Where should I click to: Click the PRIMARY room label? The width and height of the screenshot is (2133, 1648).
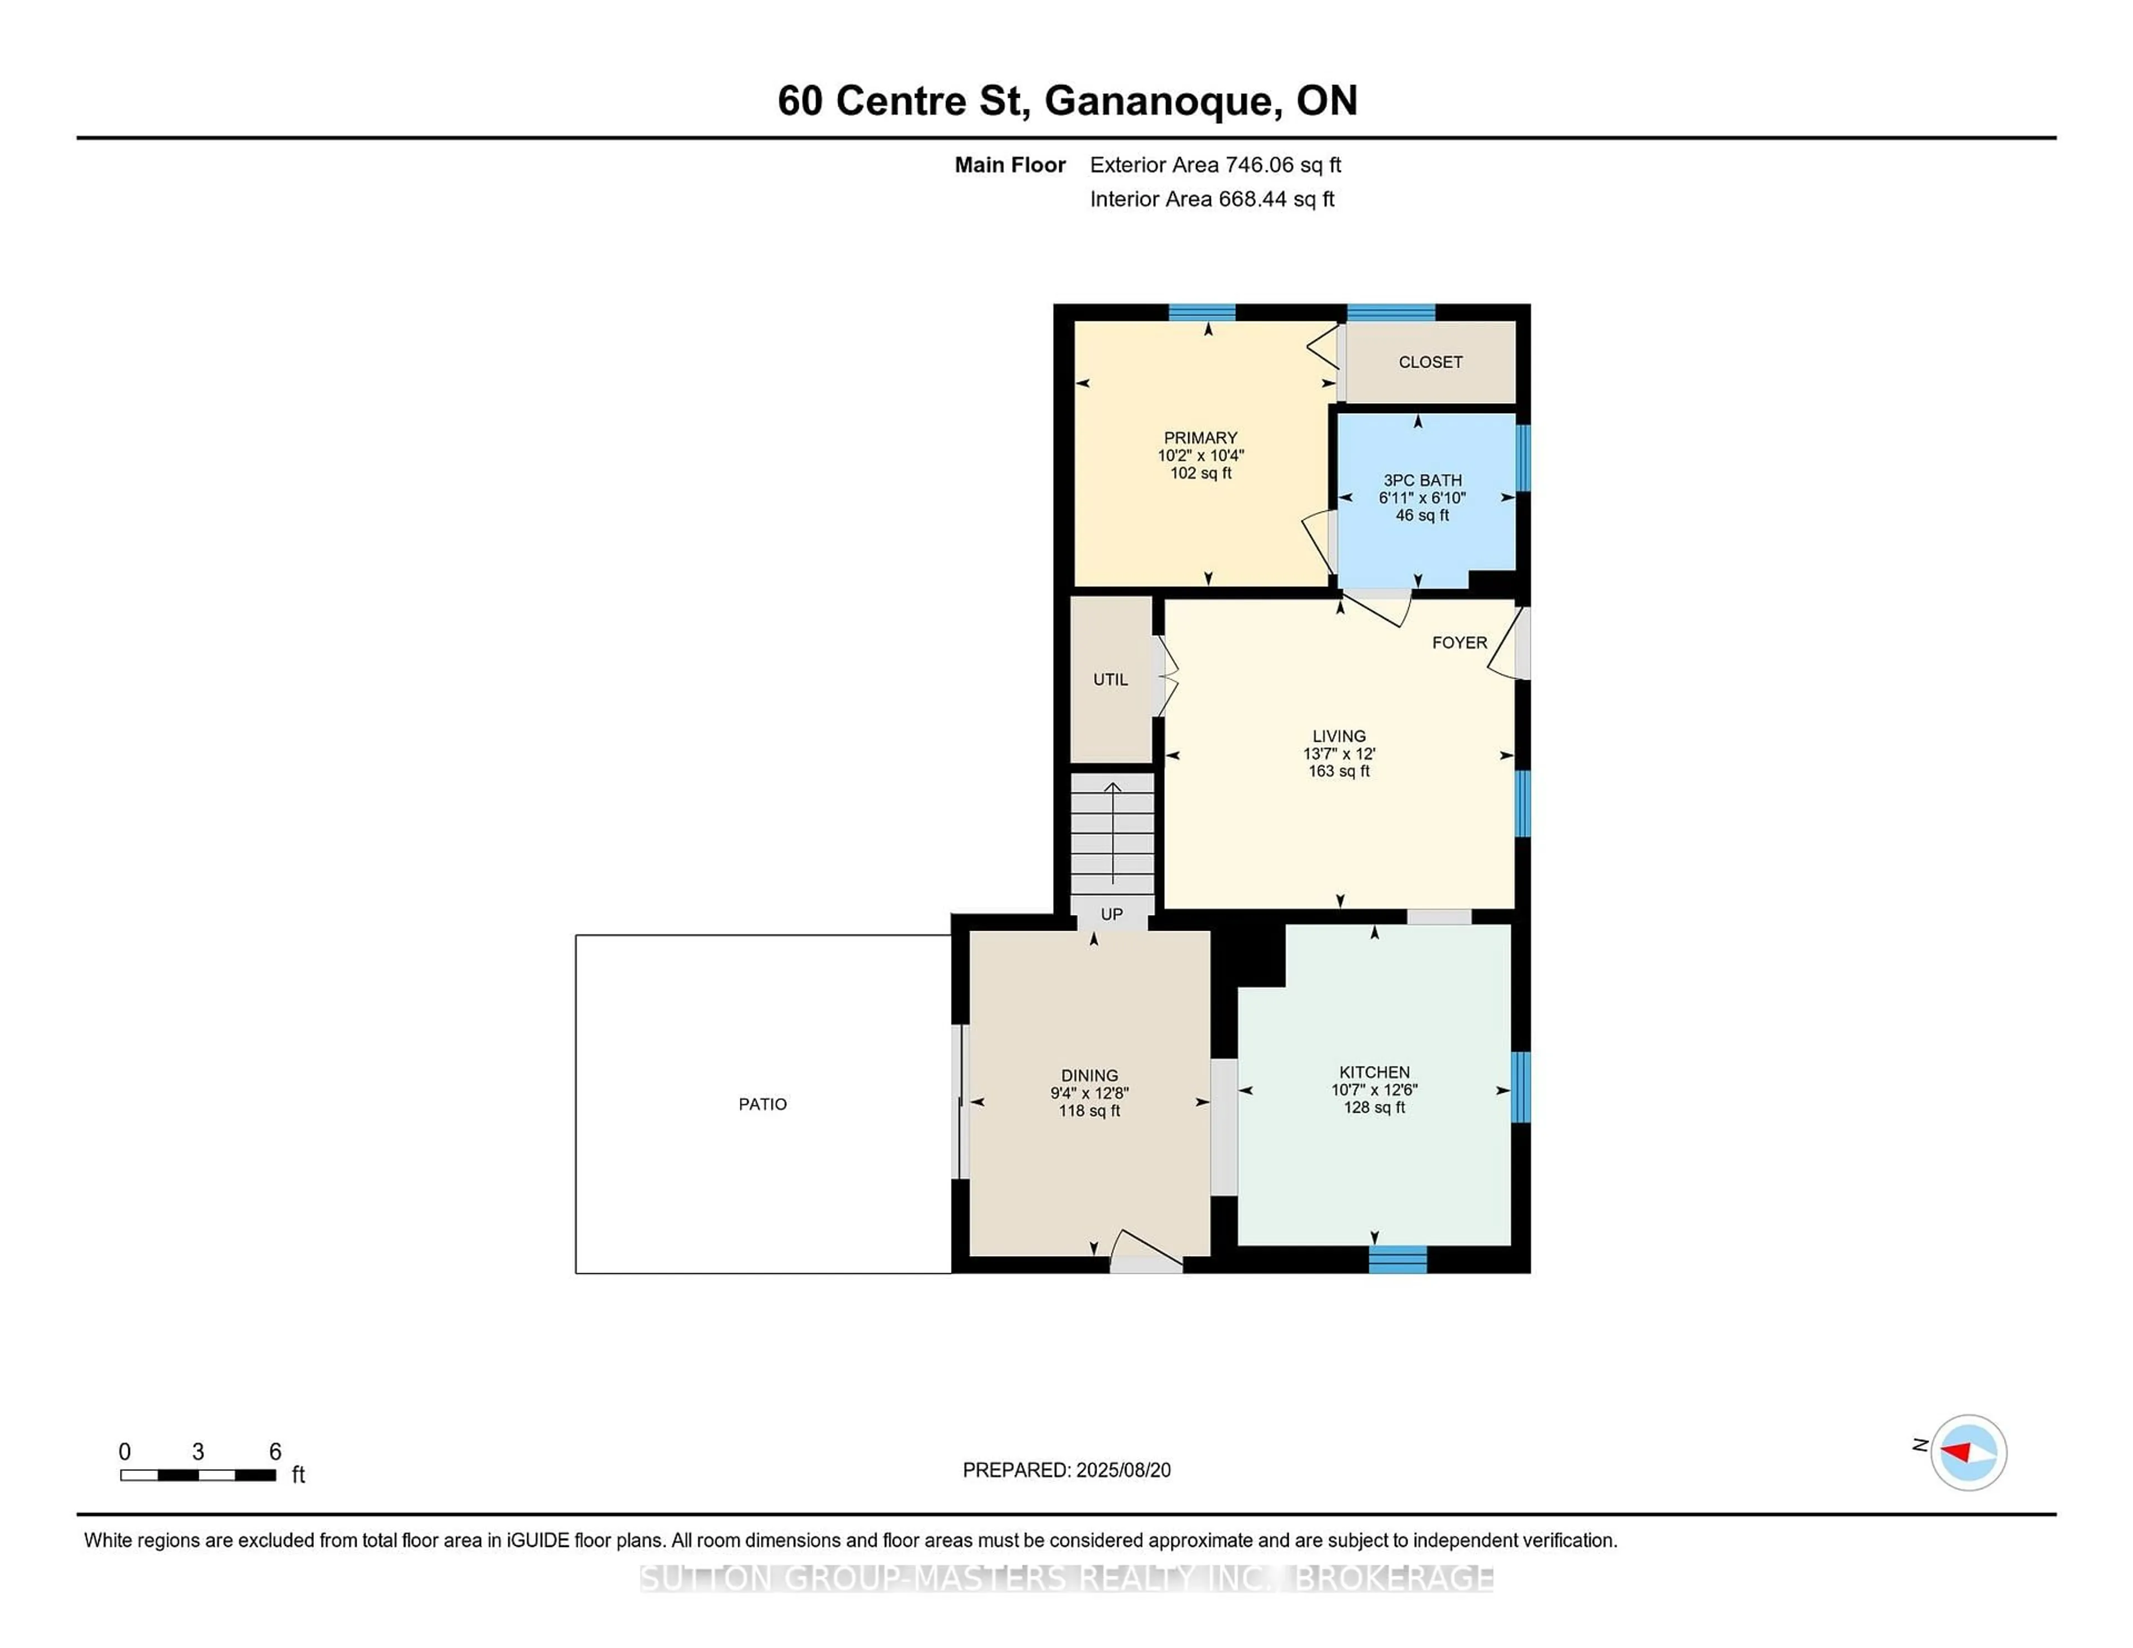[x=1200, y=438]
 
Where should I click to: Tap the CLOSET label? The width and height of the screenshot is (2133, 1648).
[x=1430, y=362]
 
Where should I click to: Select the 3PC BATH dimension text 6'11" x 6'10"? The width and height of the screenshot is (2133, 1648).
[x=1422, y=498]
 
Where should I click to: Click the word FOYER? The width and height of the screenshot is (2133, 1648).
[x=1459, y=642]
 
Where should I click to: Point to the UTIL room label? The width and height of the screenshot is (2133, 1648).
[x=1110, y=680]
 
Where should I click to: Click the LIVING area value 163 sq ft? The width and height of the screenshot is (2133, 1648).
[x=1339, y=771]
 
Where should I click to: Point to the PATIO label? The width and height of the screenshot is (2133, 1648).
[x=763, y=1104]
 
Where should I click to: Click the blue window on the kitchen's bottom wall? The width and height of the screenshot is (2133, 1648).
[x=1398, y=1259]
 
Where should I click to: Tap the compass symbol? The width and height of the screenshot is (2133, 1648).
[x=1968, y=1452]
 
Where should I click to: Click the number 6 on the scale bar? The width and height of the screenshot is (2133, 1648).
[x=276, y=1452]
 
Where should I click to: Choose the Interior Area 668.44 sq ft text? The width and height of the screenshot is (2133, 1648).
[x=1212, y=199]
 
